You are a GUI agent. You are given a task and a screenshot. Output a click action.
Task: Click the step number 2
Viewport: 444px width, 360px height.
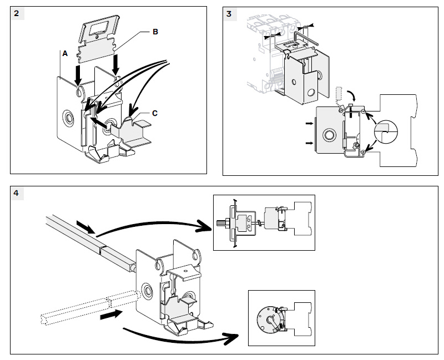pos(18,14)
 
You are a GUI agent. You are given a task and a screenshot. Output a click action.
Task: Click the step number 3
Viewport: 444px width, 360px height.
pos(230,14)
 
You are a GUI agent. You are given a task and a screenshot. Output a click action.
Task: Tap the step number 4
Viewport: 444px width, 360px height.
pos(18,193)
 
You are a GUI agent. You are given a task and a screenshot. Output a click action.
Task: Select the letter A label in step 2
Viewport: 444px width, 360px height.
pos(65,54)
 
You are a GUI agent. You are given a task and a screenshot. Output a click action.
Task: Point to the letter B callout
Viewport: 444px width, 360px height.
pos(155,32)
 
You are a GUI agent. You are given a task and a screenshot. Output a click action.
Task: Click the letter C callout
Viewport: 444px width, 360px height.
pos(155,113)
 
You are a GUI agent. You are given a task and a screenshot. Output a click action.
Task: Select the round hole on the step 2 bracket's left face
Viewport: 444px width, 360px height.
pos(69,117)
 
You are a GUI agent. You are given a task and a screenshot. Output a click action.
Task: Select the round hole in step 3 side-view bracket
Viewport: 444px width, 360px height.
pos(329,134)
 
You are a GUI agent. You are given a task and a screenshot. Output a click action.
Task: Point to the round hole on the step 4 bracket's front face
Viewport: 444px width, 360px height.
pos(148,291)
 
